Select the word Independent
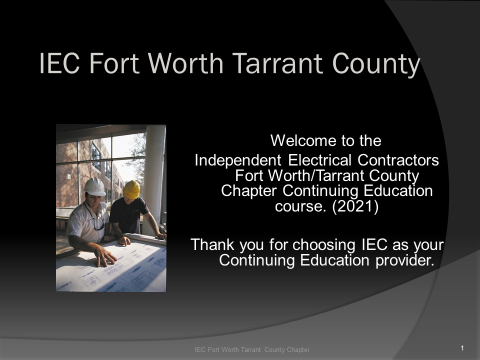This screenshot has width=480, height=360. pyautogui.click(x=238, y=160)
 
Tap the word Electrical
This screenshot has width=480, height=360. pyautogui.click(x=319, y=160)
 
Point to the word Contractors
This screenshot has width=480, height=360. pyautogui.click(x=398, y=160)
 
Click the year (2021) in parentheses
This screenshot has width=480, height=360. pyautogui.click(x=355, y=206)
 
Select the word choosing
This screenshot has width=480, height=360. pyautogui.click(x=324, y=245)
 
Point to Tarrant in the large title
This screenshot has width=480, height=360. pyautogui.click(x=278, y=63)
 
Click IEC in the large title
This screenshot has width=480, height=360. pyautogui.click(x=59, y=63)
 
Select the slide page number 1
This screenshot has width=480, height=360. pyautogui.click(x=462, y=348)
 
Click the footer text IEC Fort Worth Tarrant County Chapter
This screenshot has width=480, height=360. pyautogui.click(x=252, y=349)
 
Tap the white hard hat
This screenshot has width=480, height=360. pyautogui.click(x=95, y=186)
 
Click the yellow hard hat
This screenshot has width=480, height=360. pyautogui.click(x=131, y=189)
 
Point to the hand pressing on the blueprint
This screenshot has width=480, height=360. pyautogui.click(x=105, y=256)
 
